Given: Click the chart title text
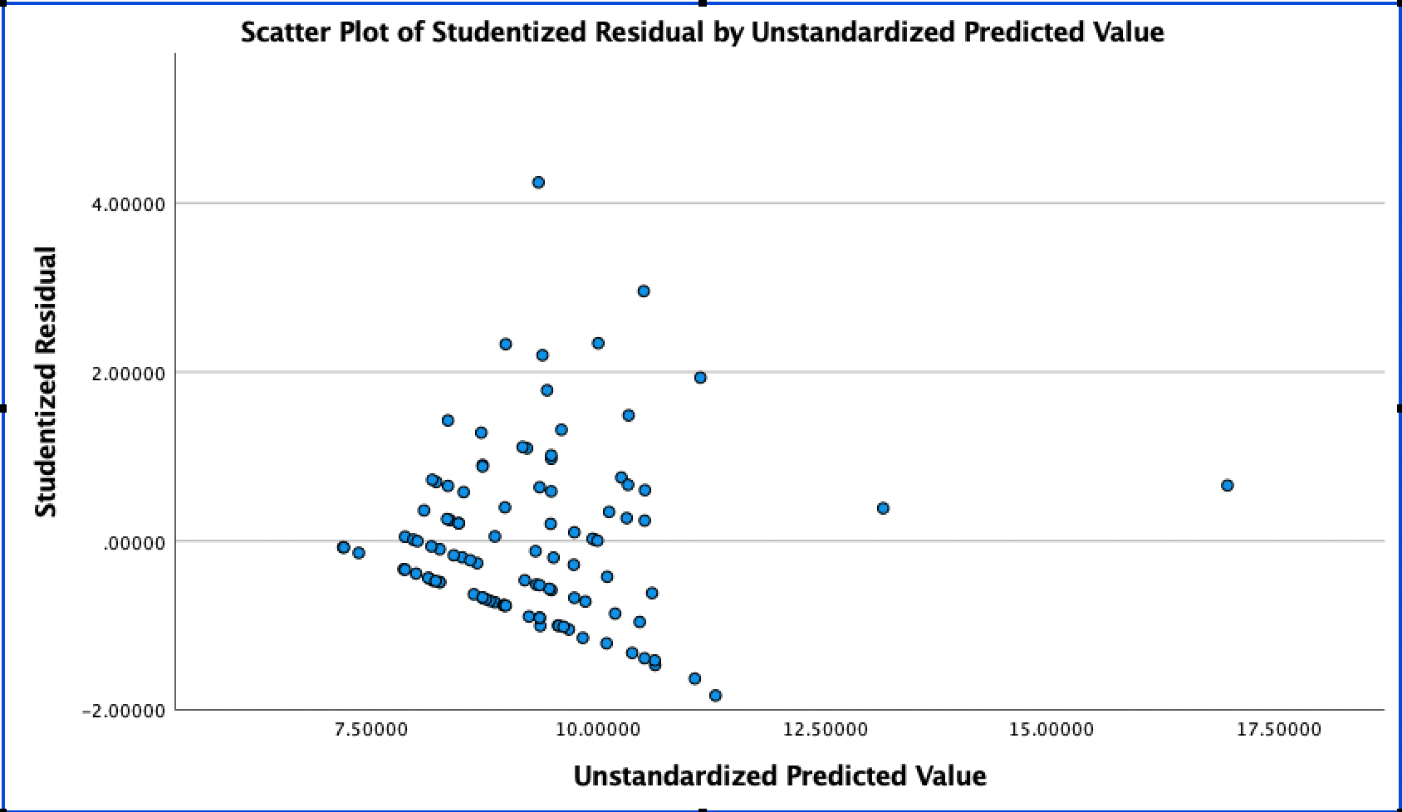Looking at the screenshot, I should pos(702,32).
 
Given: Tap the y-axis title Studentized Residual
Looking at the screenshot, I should pos(47,381).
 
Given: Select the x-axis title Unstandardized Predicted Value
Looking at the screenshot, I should pos(779,775).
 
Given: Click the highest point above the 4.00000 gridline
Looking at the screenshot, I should pos(538,182).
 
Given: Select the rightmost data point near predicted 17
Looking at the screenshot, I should pos(1227,485).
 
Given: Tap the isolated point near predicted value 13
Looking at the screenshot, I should pos(883,508).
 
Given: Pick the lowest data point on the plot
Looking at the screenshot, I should pos(715,695).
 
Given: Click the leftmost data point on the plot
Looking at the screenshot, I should pos(343,547).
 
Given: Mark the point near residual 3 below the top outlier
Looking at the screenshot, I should pos(643,291).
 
